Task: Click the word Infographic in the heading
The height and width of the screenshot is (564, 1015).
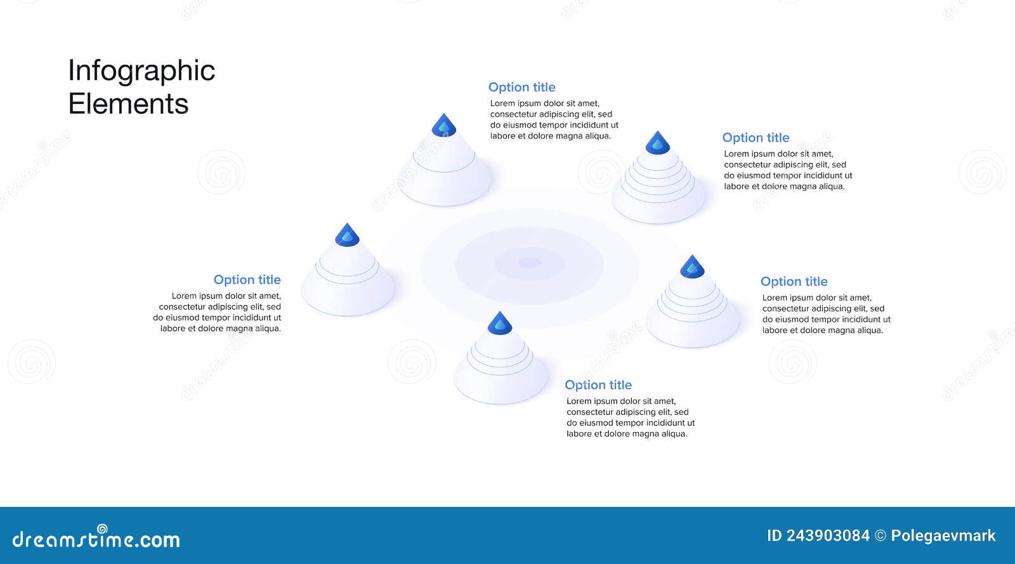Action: click(141, 71)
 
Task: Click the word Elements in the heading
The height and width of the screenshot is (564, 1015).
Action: click(128, 104)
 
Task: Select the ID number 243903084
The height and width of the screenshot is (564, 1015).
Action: click(827, 535)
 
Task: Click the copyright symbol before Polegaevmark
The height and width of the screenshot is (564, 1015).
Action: click(881, 535)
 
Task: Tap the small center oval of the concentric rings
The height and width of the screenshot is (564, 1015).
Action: click(529, 263)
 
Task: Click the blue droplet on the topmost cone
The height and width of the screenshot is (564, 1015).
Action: click(444, 126)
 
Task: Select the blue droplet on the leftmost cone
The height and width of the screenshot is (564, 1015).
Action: click(347, 235)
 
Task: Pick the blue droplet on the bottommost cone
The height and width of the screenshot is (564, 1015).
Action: click(500, 324)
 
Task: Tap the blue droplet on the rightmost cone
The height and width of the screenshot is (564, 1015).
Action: click(692, 267)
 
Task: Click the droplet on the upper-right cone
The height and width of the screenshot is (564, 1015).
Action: click(658, 143)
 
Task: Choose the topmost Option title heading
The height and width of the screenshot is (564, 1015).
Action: click(521, 87)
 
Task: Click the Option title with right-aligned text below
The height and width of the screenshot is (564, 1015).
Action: click(247, 280)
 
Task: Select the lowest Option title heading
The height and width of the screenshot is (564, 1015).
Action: click(598, 385)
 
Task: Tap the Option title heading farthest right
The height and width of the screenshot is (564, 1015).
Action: click(794, 282)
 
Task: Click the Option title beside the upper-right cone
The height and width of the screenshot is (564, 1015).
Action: click(756, 138)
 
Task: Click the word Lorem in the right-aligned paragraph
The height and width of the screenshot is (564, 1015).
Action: click(184, 296)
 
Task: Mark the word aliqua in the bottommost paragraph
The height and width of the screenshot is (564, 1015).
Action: click(674, 434)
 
